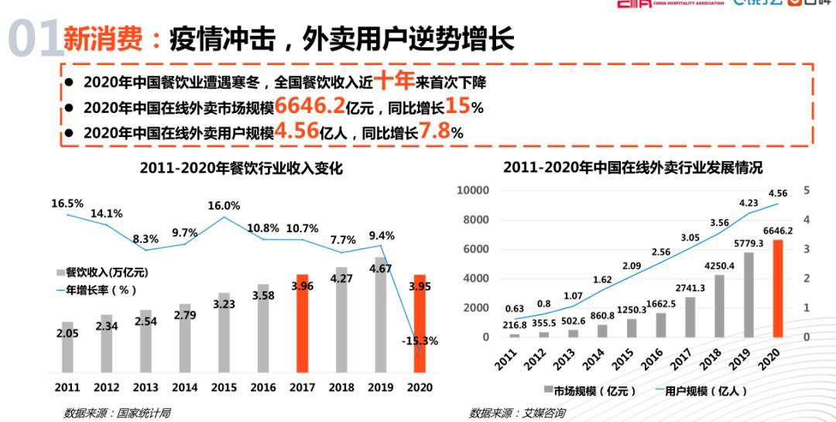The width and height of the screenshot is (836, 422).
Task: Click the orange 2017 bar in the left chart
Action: click(x=303, y=324)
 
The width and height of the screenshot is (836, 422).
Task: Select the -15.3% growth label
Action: click(x=419, y=341)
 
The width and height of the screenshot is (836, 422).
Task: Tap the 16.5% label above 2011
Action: click(x=67, y=204)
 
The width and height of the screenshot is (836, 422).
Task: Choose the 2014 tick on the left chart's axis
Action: click(x=185, y=387)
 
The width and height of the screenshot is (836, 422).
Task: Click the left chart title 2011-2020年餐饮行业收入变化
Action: click(x=241, y=169)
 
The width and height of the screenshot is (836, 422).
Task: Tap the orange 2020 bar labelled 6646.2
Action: click(x=779, y=288)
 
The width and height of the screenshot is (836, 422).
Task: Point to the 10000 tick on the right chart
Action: click(x=473, y=190)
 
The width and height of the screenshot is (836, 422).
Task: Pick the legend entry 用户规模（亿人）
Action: click(x=701, y=390)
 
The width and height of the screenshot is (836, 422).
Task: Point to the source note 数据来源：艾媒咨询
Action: click(x=516, y=413)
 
